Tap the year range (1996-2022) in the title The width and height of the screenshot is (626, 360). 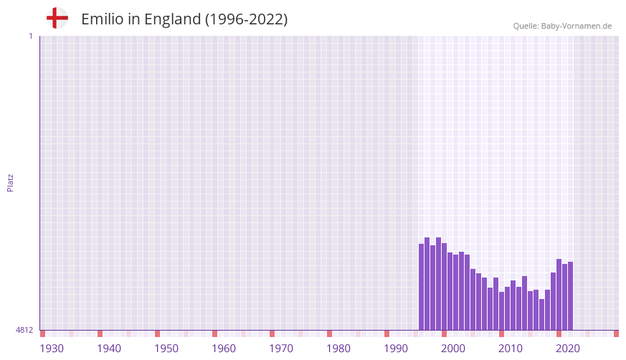click(x=247, y=19)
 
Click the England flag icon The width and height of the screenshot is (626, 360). click(x=57, y=18)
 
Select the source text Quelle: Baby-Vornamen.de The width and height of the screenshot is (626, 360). click(x=562, y=26)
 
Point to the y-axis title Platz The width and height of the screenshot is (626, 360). click(x=10, y=182)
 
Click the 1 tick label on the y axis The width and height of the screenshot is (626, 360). click(x=30, y=36)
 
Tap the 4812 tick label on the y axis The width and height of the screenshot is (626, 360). click(x=24, y=330)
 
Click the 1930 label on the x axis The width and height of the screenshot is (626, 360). click(x=52, y=349)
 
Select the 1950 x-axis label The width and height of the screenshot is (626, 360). click(x=166, y=349)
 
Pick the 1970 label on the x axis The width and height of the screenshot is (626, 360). click(x=281, y=349)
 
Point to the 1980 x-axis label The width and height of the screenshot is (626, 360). click(x=338, y=349)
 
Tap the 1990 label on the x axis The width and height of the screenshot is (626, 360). click(x=396, y=349)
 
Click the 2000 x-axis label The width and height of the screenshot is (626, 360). click(x=453, y=349)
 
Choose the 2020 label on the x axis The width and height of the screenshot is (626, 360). click(x=568, y=349)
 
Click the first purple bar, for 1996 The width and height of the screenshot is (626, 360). click(x=422, y=287)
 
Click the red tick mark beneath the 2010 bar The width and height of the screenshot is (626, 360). click(x=501, y=333)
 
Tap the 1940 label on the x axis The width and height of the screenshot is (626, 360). click(x=109, y=349)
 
